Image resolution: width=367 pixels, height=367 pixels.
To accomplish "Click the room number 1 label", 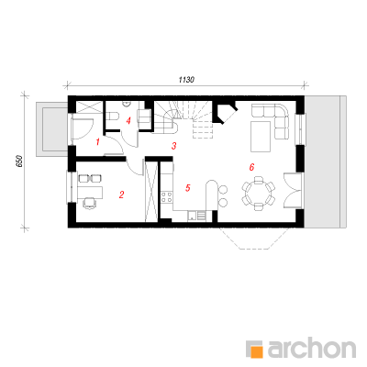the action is [x=97, y=141].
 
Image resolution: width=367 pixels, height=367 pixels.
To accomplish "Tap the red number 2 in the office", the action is [x=121, y=195].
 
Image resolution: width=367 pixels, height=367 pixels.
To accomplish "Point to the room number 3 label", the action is [x=173, y=146].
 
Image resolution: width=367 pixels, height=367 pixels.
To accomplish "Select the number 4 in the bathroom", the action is [x=128, y=121].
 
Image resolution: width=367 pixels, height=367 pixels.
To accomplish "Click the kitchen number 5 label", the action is [x=188, y=188].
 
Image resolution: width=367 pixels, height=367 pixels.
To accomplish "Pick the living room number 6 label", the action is [x=251, y=167].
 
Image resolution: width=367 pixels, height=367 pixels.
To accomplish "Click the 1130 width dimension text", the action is [x=186, y=80].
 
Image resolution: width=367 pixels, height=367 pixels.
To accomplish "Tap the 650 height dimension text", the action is [x=19, y=161].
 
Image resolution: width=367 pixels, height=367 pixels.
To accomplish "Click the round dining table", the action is [x=259, y=194].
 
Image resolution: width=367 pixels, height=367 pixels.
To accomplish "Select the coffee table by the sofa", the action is [x=261, y=137].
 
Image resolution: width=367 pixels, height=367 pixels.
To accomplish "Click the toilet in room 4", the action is [x=112, y=117].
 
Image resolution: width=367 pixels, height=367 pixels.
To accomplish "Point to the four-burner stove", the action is [x=166, y=197].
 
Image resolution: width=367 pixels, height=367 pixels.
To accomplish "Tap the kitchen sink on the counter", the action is [x=192, y=216].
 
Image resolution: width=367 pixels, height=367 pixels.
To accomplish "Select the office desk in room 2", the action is [x=90, y=192].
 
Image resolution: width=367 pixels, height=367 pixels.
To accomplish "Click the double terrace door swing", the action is [x=291, y=191].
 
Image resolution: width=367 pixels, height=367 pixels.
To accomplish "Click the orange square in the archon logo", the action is [x=256, y=351].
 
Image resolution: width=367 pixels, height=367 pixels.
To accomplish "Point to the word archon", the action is [x=312, y=347].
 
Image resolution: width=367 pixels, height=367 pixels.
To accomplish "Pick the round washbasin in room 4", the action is [x=127, y=105].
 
